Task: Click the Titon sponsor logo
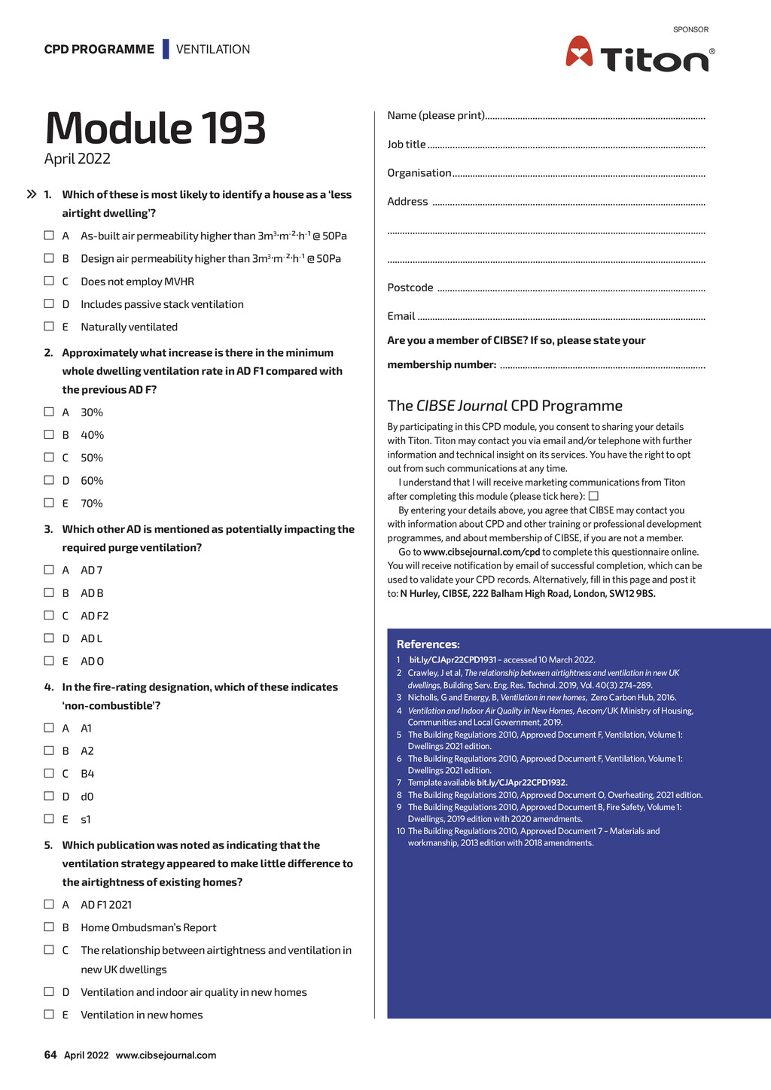coord(640,55)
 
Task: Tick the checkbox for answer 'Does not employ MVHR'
coord(49,281)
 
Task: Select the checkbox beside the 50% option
coord(49,457)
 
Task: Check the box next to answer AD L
coord(49,638)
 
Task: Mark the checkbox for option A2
coord(49,751)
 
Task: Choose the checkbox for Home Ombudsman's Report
coord(49,927)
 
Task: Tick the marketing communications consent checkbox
coord(593,496)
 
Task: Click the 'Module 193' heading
coord(155,128)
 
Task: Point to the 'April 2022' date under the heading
coord(78,159)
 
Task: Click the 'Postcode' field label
coord(410,288)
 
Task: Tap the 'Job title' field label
coord(407,145)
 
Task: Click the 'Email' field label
coord(401,316)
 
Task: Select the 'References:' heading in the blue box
coord(428,644)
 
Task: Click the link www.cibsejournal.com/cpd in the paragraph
coord(482,552)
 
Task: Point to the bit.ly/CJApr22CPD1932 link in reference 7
coord(522,783)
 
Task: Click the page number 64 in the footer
coord(50,1055)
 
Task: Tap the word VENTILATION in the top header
coord(213,50)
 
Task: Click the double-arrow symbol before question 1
coord(32,194)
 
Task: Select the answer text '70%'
coord(92,504)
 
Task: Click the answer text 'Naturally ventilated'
coord(130,327)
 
